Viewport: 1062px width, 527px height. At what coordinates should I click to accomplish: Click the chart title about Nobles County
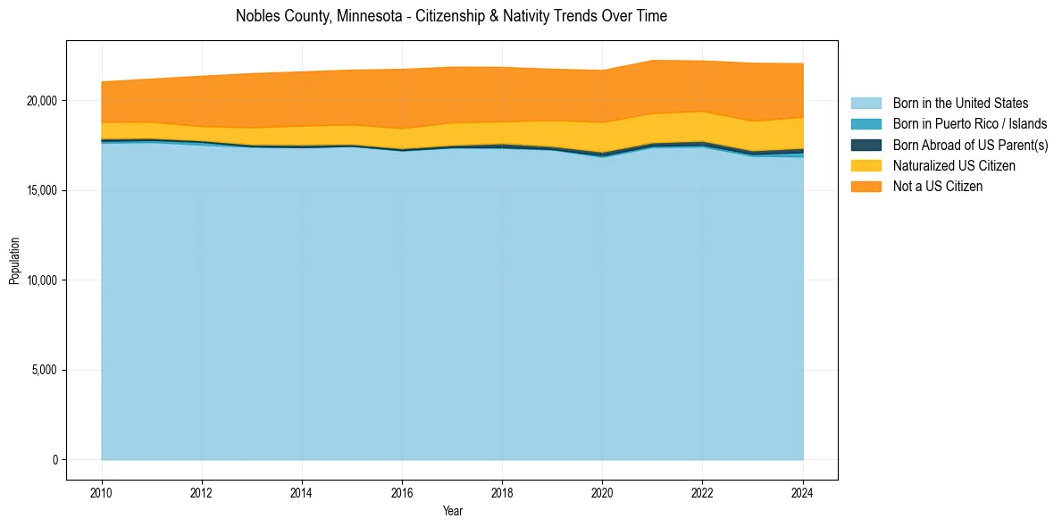pyautogui.click(x=451, y=16)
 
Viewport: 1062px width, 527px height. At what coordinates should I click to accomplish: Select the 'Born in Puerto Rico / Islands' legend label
pyautogui.click(x=969, y=124)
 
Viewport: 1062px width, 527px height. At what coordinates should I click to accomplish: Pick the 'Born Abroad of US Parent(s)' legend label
pyautogui.click(x=970, y=145)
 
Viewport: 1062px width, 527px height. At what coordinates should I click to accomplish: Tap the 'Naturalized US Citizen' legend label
pyautogui.click(x=954, y=166)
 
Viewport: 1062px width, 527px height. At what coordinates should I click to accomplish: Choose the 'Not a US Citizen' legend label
pyautogui.click(x=937, y=187)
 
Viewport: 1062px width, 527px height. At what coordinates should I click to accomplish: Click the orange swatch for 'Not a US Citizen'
pyautogui.click(x=865, y=187)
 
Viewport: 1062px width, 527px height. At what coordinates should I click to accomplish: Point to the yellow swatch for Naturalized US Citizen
pyautogui.click(x=865, y=166)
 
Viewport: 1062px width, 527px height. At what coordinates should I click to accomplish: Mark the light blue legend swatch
pyautogui.click(x=865, y=104)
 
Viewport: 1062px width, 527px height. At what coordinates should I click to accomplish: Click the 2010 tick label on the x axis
pyautogui.click(x=102, y=491)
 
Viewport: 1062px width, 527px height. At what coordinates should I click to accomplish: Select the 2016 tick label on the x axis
pyautogui.click(x=403, y=491)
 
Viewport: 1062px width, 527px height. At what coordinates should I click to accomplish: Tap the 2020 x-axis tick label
pyautogui.click(x=603, y=491)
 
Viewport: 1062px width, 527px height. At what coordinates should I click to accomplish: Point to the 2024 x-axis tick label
pyautogui.click(x=803, y=491)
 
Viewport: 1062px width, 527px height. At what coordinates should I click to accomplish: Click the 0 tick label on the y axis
pyautogui.click(x=54, y=460)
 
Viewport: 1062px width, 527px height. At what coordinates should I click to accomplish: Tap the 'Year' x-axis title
pyautogui.click(x=452, y=511)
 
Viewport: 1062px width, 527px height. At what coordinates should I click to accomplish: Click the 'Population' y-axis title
pyautogui.click(x=14, y=261)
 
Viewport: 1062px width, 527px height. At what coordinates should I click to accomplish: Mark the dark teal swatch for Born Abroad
pyautogui.click(x=865, y=145)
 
